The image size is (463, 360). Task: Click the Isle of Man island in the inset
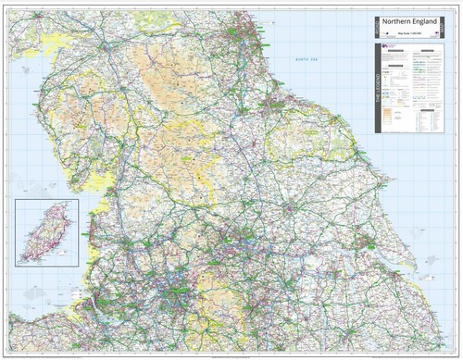point(39,233)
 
